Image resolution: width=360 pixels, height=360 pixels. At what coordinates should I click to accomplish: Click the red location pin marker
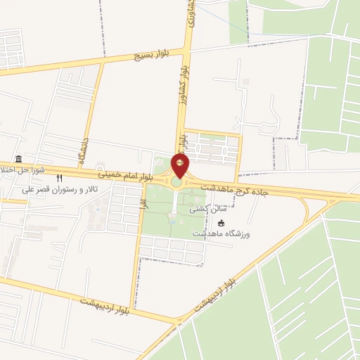click(x=180, y=166)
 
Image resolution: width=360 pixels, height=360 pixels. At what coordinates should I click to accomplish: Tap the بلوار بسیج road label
click(x=146, y=57)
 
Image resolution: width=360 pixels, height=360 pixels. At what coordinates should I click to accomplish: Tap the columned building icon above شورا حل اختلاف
click(x=18, y=160)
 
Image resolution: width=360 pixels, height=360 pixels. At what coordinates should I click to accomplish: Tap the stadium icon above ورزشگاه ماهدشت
click(x=221, y=223)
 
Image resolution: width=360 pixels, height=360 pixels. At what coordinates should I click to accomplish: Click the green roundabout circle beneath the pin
click(x=176, y=183)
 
